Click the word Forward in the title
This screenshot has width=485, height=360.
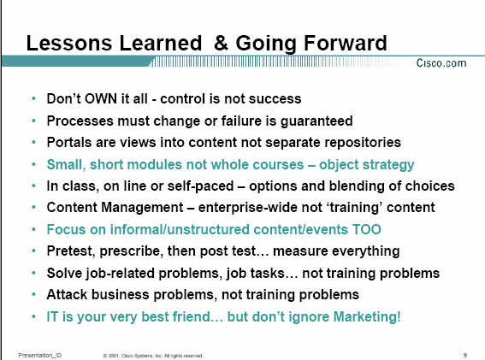coord(346,43)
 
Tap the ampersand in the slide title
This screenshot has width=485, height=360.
coord(222,43)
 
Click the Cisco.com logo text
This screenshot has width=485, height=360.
coord(441,63)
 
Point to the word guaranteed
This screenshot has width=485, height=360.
coord(316,121)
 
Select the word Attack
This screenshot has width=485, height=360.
coord(67,294)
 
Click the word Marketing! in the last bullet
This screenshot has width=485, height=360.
coord(367,316)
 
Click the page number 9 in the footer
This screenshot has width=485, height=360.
coord(464,356)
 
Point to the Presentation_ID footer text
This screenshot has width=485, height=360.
coord(40,356)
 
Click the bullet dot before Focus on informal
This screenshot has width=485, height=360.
coord(33,229)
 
